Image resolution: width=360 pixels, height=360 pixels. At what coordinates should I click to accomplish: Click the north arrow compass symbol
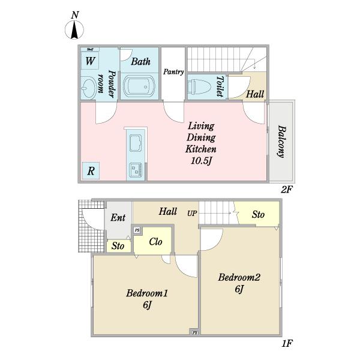74,29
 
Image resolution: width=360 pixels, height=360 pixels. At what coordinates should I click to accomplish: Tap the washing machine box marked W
90,61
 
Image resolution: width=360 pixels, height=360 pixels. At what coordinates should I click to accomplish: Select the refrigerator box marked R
91,171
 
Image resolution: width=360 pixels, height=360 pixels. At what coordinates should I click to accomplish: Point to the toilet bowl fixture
199,87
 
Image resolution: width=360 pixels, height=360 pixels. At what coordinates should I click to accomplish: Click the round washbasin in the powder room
89,88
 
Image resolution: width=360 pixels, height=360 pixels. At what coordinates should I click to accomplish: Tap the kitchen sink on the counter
136,142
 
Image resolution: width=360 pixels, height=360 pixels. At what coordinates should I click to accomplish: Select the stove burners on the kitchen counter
136,170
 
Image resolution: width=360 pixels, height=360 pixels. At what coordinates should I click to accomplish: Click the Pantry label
173,72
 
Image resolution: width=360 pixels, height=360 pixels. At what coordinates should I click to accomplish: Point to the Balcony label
281,142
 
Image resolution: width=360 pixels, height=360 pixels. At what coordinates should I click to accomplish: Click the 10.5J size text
201,161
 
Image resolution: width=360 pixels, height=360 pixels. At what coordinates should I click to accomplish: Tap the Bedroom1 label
147,293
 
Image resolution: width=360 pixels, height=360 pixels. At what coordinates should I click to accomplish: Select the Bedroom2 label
239,277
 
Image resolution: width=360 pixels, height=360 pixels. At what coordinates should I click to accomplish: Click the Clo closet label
155,242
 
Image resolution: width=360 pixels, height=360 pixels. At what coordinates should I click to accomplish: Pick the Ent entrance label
118,217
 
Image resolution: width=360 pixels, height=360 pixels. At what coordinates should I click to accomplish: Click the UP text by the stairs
192,214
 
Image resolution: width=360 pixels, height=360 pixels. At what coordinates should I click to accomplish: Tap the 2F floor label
287,190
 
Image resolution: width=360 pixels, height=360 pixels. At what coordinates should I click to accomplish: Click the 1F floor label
287,343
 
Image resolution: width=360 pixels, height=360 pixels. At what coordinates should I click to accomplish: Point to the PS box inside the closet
137,230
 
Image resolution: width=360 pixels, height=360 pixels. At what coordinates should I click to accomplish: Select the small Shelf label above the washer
90,49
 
